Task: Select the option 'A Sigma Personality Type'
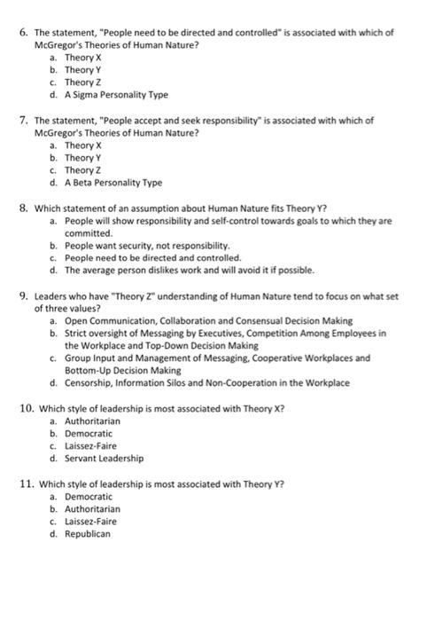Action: coord(116,94)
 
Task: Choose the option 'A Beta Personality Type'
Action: coord(113,183)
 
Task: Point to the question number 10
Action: coord(27,408)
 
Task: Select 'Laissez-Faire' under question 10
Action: coord(91,446)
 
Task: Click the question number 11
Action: coord(27,484)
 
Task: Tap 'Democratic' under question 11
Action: coord(89,497)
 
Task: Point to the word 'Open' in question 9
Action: coord(77,320)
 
